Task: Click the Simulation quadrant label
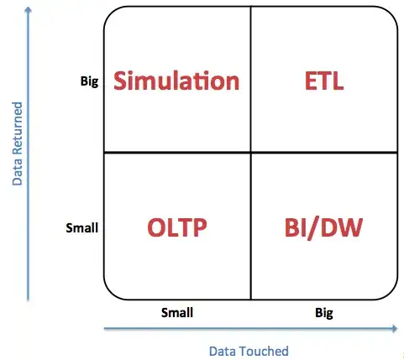pos(176,81)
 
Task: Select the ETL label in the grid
pos(324,81)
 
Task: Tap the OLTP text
pos(177,227)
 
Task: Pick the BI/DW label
pos(324,227)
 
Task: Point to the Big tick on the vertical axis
pos(88,82)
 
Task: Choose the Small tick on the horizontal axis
pos(177,312)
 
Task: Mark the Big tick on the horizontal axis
pos(324,312)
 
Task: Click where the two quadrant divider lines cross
pos(251,153)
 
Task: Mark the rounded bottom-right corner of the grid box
pos(391,295)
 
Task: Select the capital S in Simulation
pos(122,81)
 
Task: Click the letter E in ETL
pos(308,81)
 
